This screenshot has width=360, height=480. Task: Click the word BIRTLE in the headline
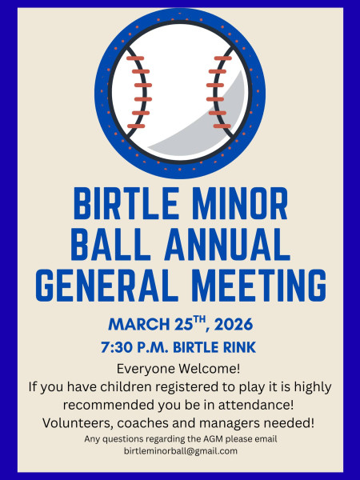point(126,203)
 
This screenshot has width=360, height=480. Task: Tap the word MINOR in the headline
point(240,203)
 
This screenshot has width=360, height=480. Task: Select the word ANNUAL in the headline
point(227,244)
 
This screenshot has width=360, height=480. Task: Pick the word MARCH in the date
point(139,324)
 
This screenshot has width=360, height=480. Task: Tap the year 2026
point(234,324)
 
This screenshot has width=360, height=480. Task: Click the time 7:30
point(117,347)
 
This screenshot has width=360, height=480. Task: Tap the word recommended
point(109,405)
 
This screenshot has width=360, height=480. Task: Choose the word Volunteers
point(79,423)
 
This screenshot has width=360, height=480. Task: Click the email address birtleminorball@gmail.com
point(181,451)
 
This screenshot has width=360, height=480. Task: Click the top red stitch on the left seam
point(135,58)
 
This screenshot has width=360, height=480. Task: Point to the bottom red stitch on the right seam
point(222,126)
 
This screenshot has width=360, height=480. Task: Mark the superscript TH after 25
point(199,320)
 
